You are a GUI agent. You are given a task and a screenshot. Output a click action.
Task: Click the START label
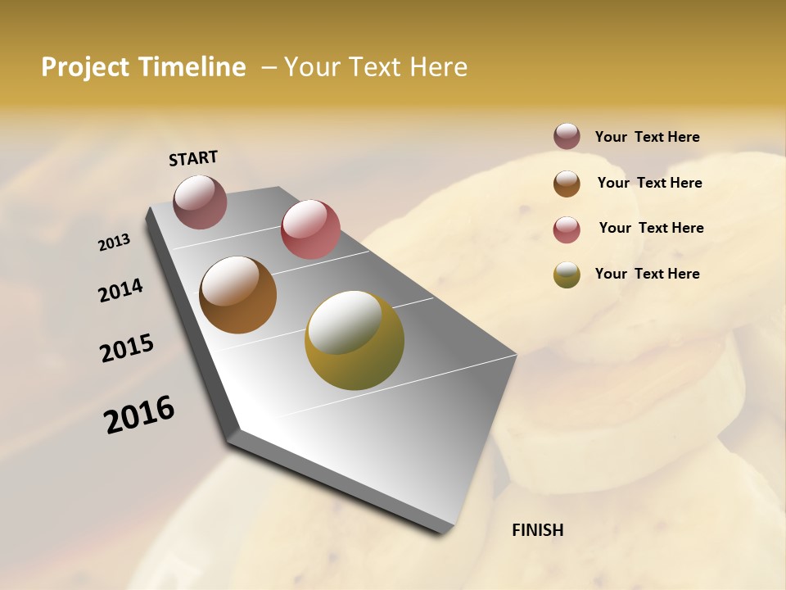[x=193, y=158]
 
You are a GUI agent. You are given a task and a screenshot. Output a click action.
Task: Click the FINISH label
[x=537, y=530]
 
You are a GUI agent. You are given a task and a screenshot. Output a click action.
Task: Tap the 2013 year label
[x=114, y=243]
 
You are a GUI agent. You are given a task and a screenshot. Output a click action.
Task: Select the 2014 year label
[x=120, y=291]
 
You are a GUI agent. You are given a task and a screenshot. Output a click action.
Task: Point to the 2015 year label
[x=127, y=348]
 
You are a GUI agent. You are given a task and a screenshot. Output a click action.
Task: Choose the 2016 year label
[x=139, y=415]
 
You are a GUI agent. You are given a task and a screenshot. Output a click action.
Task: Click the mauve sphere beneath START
[x=201, y=202]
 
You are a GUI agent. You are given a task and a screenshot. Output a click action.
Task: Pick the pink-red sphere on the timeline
[x=310, y=229]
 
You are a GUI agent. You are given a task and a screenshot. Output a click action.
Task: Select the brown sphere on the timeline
[x=238, y=295]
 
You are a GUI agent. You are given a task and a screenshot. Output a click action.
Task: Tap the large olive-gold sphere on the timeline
[x=355, y=340]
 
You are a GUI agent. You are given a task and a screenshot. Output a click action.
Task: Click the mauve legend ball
[x=567, y=137]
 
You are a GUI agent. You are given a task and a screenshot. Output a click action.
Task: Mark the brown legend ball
[x=567, y=184]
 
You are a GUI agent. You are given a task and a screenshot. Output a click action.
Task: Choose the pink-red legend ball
[x=567, y=229]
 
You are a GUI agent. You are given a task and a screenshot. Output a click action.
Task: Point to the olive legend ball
[x=567, y=275]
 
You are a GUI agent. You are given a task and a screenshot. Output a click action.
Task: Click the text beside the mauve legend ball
[x=647, y=138]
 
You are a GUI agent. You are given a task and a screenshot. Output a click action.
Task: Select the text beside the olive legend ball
[x=647, y=274]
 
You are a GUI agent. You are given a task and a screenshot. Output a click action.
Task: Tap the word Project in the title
[x=84, y=67]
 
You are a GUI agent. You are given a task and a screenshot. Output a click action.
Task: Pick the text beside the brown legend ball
[x=649, y=183]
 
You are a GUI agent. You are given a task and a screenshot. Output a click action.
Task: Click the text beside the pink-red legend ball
[x=651, y=228]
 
